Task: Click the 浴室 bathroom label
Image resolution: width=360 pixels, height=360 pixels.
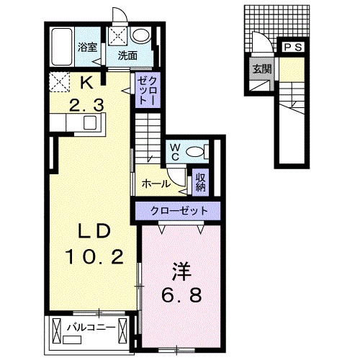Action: click(87, 47)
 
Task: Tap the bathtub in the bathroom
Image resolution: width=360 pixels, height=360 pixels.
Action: click(62, 47)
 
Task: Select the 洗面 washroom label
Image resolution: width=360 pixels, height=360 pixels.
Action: click(127, 55)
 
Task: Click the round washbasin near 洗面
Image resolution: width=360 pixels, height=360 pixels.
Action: click(140, 36)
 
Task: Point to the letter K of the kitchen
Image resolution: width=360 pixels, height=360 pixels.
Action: click(86, 84)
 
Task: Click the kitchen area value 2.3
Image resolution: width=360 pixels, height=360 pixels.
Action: click(86, 105)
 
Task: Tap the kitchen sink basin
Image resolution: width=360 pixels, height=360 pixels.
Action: click(90, 122)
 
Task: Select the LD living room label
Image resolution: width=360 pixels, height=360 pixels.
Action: click(92, 231)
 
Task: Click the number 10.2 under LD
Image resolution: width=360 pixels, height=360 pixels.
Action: click(94, 256)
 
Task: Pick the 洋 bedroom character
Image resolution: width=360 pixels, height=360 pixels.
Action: click(181, 271)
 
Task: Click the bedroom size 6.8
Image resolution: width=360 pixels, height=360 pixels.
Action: click(181, 295)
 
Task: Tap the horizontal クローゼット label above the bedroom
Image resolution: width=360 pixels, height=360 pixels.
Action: click(179, 211)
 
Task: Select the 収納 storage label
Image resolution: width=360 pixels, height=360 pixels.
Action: click(201, 182)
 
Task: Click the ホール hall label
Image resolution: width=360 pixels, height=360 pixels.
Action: click(156, 184)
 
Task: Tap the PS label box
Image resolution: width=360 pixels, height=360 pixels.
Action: click(293, 48)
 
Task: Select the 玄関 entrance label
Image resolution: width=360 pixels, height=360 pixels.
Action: click(262, 69)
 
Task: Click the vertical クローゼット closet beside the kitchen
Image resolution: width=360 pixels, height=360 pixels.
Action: click(148, 89)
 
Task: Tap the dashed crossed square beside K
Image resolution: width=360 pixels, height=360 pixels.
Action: click(59, 82)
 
